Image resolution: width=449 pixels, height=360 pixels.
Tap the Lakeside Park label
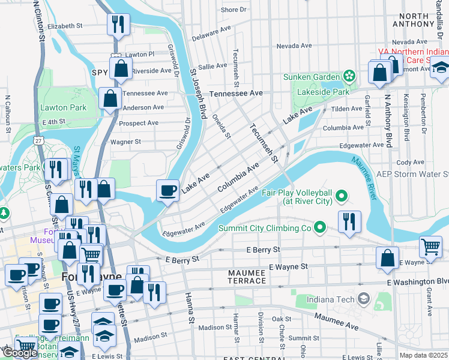(324, 92)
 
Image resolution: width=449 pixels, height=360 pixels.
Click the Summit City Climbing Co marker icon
(319, 227)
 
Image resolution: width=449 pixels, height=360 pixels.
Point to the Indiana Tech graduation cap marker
(363, 298)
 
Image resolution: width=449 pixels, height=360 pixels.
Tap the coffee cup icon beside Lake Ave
(167, 190)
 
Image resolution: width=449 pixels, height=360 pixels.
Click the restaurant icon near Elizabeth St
(118, 25)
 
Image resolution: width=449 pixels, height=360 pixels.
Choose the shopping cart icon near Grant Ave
(430, 245)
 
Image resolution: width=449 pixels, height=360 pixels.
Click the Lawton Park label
(63, 108)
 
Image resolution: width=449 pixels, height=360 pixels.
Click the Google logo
(20, 353)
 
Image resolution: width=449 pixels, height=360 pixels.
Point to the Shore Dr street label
(234, 10)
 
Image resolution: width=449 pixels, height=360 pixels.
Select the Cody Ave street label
(410, 162)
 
